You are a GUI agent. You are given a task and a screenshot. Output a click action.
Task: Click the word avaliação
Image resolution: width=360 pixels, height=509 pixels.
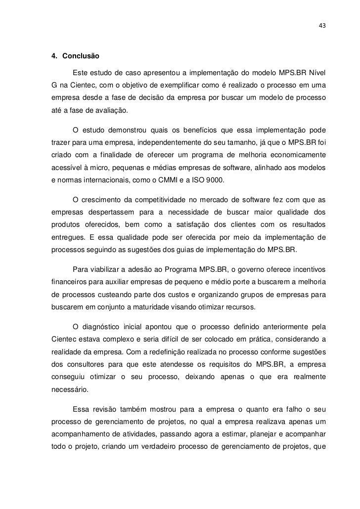tap(111, 111)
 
